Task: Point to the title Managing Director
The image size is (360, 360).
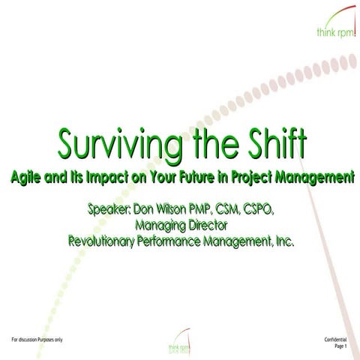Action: pyautogui.click(x=181, y=225)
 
